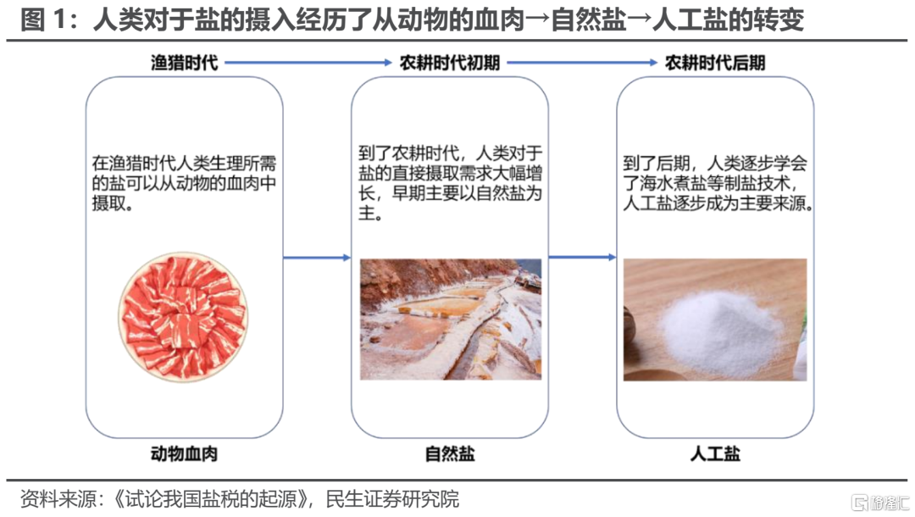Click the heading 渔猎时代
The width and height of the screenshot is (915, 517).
pos(185,63)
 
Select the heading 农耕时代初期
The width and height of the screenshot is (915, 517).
pos(450,63)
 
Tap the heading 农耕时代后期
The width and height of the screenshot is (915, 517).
pos(715,63)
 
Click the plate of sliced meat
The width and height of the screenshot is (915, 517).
pos(183,317)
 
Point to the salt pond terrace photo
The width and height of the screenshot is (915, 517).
pos(451,320)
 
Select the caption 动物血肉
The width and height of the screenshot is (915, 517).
pos(185,453)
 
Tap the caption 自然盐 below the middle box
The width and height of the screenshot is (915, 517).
pos(450,453)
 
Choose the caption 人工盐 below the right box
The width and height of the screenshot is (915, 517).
pos(715,453)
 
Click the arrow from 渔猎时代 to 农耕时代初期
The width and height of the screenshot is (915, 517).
pos(308,63)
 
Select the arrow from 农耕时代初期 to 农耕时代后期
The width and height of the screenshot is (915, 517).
pos(582,63)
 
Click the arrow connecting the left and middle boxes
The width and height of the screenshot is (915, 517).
pos(317,258)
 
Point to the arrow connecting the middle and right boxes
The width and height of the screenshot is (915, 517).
pos(582,257)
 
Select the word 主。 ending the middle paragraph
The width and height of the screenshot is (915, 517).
pos(371,213)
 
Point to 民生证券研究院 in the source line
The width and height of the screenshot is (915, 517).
pos(392,499)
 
